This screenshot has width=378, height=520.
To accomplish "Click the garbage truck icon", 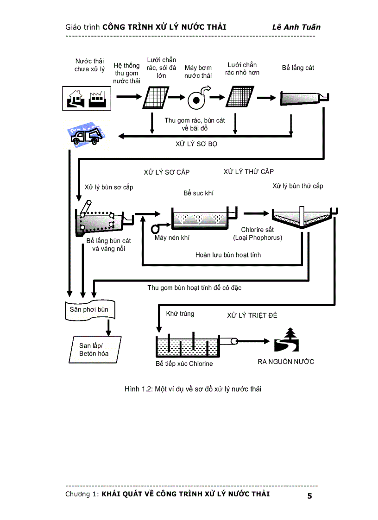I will [x=84, y=135].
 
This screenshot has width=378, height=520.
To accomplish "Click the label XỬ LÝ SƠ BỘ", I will [x=196, y=144].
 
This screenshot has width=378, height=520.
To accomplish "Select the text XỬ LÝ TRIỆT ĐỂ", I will [x=252, y=315].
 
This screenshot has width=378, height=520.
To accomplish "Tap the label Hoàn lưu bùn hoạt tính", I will [x=228, y=255].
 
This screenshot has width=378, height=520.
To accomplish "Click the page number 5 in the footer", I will [x=309, y=496].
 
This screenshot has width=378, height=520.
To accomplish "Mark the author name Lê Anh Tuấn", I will [x=296, y=27].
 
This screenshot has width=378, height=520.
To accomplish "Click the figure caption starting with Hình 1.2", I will [x=193, y=389].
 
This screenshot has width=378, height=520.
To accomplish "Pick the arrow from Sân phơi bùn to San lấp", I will [x=108, y=327].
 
